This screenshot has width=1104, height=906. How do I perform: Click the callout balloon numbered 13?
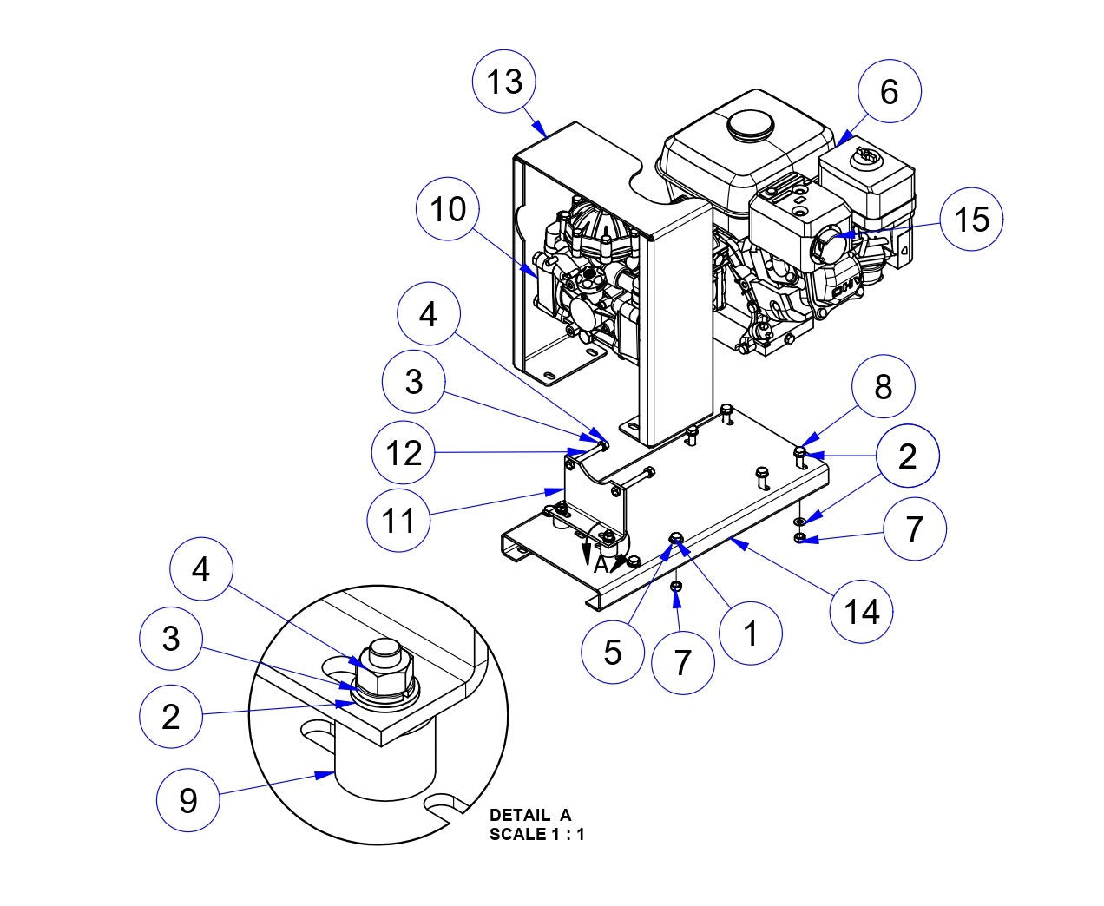coord(504,81)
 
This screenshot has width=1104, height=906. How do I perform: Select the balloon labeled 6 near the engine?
coord(890,91)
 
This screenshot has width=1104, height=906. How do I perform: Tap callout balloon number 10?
coord(449,209)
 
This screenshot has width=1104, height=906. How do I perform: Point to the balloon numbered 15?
coord(971,219)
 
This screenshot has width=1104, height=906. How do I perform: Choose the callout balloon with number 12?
coord(404,453)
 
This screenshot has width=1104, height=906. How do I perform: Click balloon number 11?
coord(399,521)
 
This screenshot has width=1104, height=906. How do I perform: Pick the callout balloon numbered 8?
coord(883,387)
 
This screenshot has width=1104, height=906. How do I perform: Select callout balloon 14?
coord(862,612)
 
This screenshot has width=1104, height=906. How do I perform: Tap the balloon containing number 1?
coord(751,633)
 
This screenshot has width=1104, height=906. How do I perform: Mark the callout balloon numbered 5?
coord(613,652)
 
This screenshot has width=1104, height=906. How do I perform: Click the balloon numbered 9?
coord(188,800)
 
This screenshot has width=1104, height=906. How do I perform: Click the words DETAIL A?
coord(530,816)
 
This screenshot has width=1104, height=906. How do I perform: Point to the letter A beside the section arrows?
coord(601,566)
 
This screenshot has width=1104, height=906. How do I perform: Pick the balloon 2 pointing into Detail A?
coord(171,716)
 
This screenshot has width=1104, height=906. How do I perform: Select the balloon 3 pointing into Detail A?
coord(171,638)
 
